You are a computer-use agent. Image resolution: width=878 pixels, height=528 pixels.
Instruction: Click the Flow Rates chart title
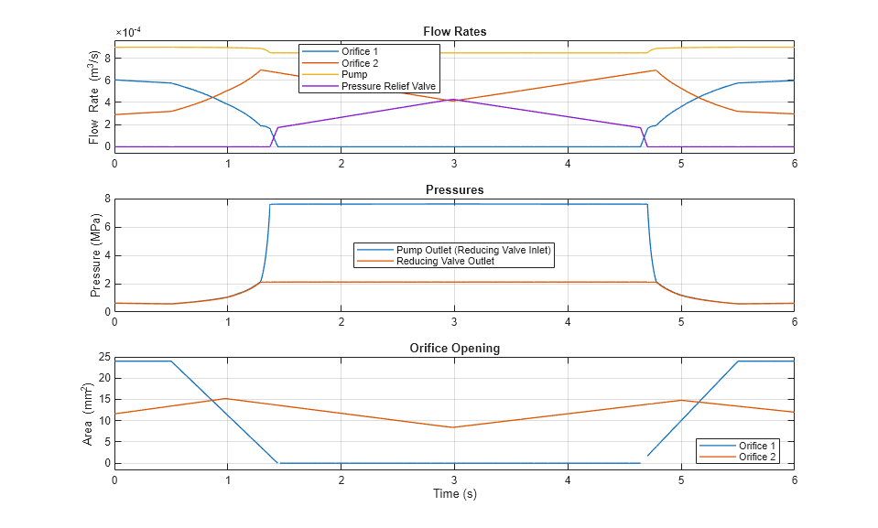coord(454,31)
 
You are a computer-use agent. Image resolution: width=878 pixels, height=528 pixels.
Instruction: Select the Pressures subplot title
coord(454,189)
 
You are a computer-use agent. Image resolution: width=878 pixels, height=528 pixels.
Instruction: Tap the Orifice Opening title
coord(454,349)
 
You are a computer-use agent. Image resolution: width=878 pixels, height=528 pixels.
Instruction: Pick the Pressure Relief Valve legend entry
coord(388,87)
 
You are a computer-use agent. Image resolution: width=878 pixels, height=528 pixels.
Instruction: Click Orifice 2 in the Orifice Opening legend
coord(758,457)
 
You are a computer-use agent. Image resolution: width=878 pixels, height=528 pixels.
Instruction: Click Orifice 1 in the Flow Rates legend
coord(360,51)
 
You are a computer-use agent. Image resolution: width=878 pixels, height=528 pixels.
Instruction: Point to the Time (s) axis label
coord(454,494)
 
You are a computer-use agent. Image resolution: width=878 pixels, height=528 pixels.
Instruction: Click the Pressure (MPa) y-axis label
coord(96,254)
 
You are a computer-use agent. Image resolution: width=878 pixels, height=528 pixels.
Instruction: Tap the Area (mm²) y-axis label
coord(89,414)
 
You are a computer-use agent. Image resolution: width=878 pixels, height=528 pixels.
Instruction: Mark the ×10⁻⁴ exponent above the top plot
coord(128,32)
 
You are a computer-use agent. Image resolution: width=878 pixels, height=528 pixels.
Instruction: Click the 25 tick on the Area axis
coord(103,357)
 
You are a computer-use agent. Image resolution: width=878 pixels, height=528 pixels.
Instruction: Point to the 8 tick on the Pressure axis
coord(107,199)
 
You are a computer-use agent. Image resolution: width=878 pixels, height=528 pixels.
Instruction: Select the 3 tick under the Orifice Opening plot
coord(454,479)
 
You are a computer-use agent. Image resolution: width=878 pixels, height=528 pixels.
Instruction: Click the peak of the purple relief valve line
coord(454,99)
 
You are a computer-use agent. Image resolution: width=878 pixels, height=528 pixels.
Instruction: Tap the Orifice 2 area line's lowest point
coord(454,427)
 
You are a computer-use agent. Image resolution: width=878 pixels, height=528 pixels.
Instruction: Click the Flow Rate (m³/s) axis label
coord(94,96)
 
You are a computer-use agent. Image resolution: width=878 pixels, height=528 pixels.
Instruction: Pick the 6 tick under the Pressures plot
coord(794,322)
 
